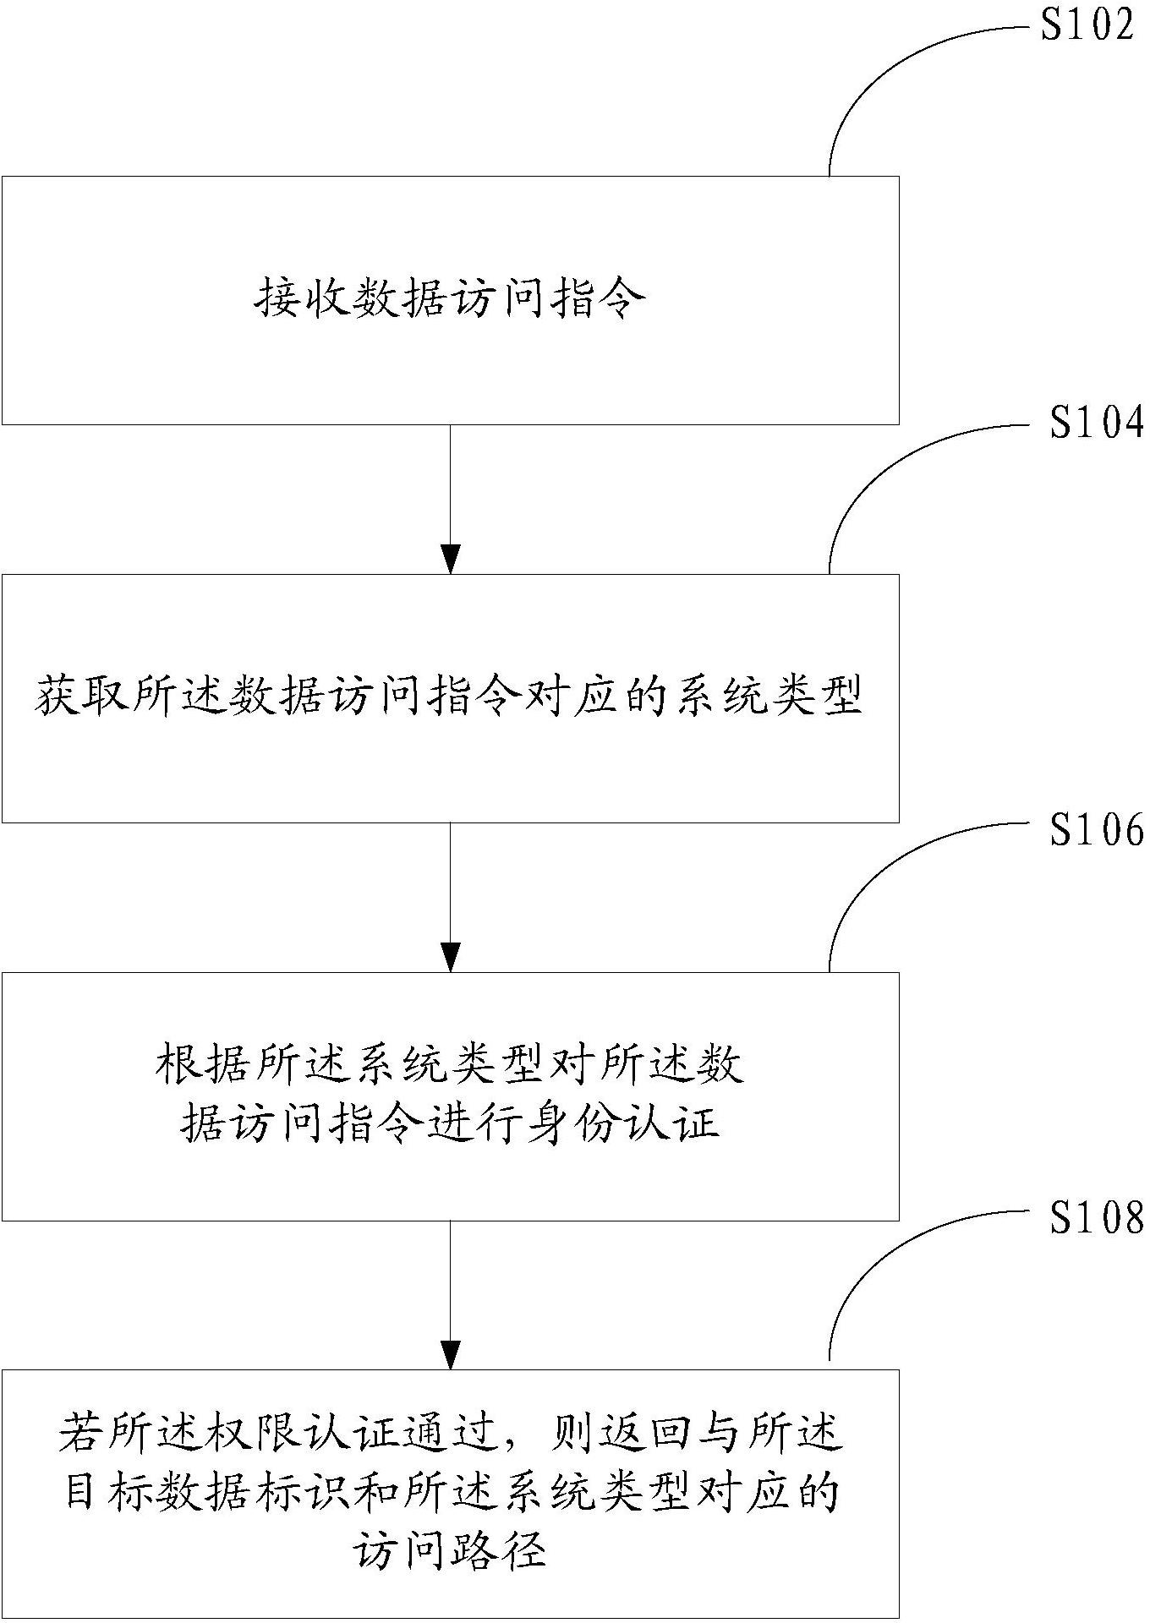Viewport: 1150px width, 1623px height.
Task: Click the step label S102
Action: tap(1086, 25)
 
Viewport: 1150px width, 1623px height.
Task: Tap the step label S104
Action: tap(1096, 423)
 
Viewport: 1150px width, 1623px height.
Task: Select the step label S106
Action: tap(1096, 829)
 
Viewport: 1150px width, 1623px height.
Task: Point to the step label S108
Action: tap(1096, 1218)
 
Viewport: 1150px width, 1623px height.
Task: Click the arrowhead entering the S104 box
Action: tap(451, 560)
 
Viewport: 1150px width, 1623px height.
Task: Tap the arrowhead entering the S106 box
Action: tap(451, 958)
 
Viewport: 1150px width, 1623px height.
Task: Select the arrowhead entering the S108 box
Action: tap(451, 1355)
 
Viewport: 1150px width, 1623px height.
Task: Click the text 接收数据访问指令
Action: tap(451, 298)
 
